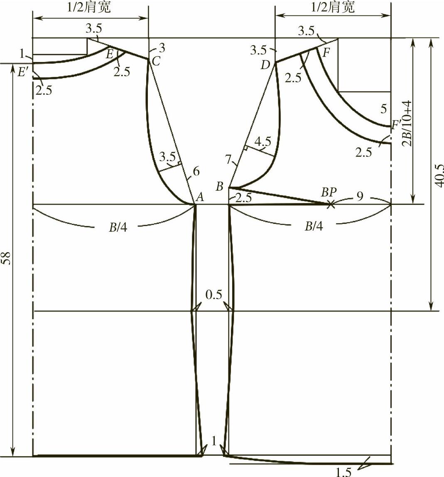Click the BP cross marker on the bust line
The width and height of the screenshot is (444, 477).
click(x=331, y=205)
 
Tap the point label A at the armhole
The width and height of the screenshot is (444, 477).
click(x=199, y=198)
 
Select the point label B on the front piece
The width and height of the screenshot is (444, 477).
click(x=219, y=186)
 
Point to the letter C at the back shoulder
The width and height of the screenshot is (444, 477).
click(x=156, y=61)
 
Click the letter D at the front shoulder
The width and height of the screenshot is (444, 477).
click(x=265, y=65)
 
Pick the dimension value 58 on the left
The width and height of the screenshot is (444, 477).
click(x=7, y=258)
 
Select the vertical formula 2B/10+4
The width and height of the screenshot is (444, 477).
click(x=407, y=123)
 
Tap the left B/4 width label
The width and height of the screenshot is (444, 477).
click(x=118, y=227)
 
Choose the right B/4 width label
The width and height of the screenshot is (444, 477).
click(x=314, y=226)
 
